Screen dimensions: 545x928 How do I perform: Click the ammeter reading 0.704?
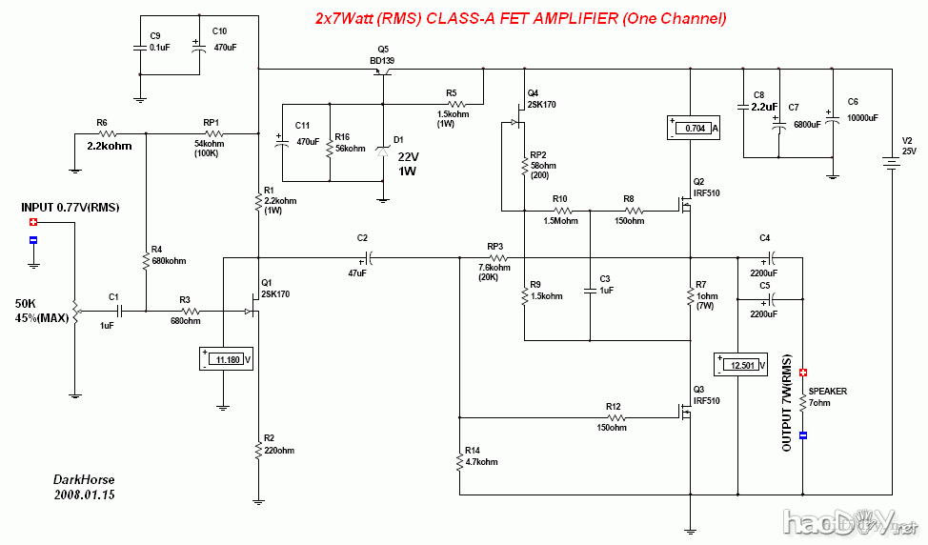click(x=693, y=128)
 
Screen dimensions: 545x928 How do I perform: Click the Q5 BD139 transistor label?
click(x=382, y=55)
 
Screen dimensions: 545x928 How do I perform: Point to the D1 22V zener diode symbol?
click(x=383, y=150)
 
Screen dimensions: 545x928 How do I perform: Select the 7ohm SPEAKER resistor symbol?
click(x=802, y=404)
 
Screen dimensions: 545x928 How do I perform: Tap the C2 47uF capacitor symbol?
click(x=369, y=256)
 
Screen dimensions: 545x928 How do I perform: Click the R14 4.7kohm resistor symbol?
click(x=459, y=462)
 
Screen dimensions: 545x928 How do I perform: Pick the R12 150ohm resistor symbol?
click(x=615, y=416)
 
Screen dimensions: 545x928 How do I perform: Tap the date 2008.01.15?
click(x=85, y=495)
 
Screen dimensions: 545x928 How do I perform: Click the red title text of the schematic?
click(x=520, y=19)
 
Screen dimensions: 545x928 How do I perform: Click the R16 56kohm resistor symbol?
click(x=329, y=147)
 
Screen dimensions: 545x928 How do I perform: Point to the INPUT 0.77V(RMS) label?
click(x=70, y=208)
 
